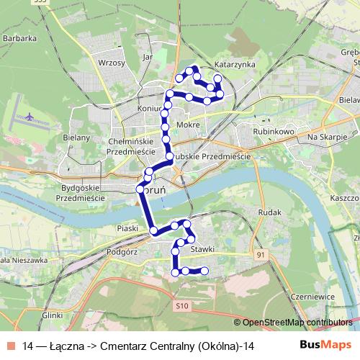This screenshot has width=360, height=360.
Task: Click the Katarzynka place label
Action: coord(235,64)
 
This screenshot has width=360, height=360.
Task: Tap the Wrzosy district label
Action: coord(111,63)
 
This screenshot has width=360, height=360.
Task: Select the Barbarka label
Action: coord(19,37)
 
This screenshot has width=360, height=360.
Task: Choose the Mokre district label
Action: coord(187,125)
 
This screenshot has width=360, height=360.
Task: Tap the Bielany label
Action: coord(76,138)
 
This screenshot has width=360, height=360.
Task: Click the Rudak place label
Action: coord(268,212)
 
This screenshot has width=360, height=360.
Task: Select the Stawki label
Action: coord(204,249)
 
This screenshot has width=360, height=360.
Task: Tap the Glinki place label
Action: coord(53,315)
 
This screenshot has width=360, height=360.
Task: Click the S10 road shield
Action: coord(182,306)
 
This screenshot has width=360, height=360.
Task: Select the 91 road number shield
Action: coord(260,255)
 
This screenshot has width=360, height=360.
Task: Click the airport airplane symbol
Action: coord(29,115)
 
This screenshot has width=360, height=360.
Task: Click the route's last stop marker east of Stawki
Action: coord(204,271)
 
